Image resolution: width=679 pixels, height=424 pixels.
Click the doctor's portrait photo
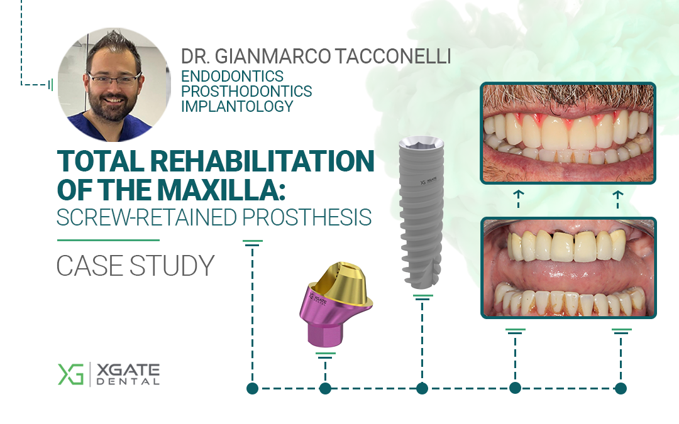coord(114,85)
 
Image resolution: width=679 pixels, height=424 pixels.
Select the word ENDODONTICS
coord(232,77)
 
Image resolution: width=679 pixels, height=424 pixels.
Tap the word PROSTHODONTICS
coord(246,92)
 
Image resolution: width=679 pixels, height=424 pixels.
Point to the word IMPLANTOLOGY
coord(237,106)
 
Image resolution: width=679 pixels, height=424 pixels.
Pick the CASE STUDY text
coord(135,266)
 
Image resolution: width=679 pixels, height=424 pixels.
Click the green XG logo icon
coord(70,374)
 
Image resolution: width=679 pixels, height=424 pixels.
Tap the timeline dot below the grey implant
coord(422,388)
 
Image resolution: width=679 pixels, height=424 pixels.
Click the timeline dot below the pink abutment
coord(325,388)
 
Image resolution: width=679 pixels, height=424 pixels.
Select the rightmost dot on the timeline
coord(621,388)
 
